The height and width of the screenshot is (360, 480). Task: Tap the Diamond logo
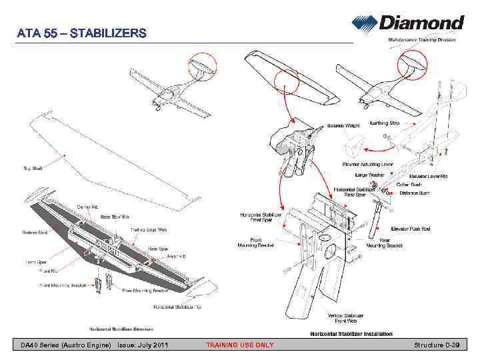tap(407, 23)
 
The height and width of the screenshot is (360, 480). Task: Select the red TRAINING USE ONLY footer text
tap(239, 345)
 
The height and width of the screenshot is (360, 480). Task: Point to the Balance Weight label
tap(343, 125)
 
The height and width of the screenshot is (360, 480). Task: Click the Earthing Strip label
tap(385, 123)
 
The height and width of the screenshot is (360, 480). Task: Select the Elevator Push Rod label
tap(410, 229)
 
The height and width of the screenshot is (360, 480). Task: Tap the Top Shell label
tap(33, 168)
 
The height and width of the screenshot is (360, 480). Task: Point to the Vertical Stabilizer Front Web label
tap(345, 318)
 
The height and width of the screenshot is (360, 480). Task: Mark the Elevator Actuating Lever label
tap(367, 164)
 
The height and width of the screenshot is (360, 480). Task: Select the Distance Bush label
tap(414, 193)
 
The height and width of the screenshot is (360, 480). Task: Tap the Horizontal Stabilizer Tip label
tap(177, 307)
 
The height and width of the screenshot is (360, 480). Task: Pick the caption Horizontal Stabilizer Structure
tap(122, 329)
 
